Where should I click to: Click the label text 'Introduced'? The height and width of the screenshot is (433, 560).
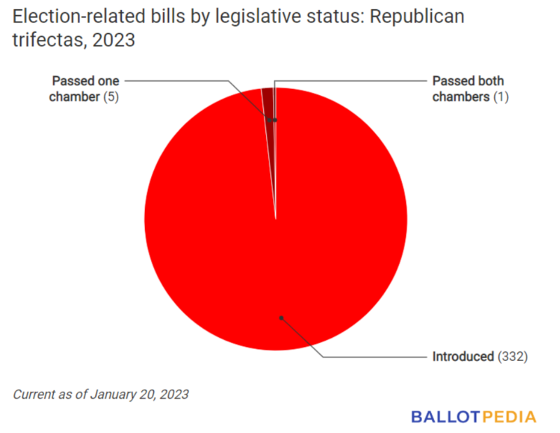click(463, 357)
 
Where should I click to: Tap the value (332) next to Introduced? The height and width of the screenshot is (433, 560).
click(512, 357)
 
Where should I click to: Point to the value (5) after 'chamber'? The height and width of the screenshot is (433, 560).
click(111, 97)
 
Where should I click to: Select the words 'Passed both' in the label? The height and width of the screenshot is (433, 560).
click(468, 81)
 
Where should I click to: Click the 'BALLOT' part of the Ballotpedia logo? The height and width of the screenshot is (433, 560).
click(446, 417)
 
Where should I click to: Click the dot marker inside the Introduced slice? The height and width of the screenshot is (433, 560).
click(281, 318)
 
